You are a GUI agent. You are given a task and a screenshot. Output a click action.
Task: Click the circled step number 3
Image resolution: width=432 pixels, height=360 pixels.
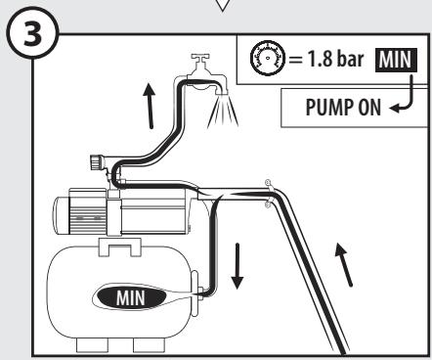[x=32, y=34]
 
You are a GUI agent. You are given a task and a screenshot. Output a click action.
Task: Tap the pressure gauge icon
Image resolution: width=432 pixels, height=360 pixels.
[x=268, y=59]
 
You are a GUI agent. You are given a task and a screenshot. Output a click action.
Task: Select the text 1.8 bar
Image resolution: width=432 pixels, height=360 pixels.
[x=335, y=59]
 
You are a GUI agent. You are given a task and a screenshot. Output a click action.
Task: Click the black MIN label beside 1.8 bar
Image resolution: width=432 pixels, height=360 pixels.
[x=397, y=60]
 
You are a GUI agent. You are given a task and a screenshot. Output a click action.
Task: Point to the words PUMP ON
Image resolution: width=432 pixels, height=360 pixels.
[x=343, y=108]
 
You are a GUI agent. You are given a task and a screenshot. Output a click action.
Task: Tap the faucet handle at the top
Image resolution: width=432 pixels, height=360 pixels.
[x=200, y=59]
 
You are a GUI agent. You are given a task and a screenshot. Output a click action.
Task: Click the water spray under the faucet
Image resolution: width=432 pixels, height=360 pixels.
[x=223, y=112]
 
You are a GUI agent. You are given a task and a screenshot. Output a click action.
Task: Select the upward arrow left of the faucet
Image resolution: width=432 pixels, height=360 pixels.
[x=150, y=106]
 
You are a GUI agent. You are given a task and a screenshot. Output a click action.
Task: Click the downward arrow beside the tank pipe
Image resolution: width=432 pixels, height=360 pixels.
[x=238, y=266]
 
